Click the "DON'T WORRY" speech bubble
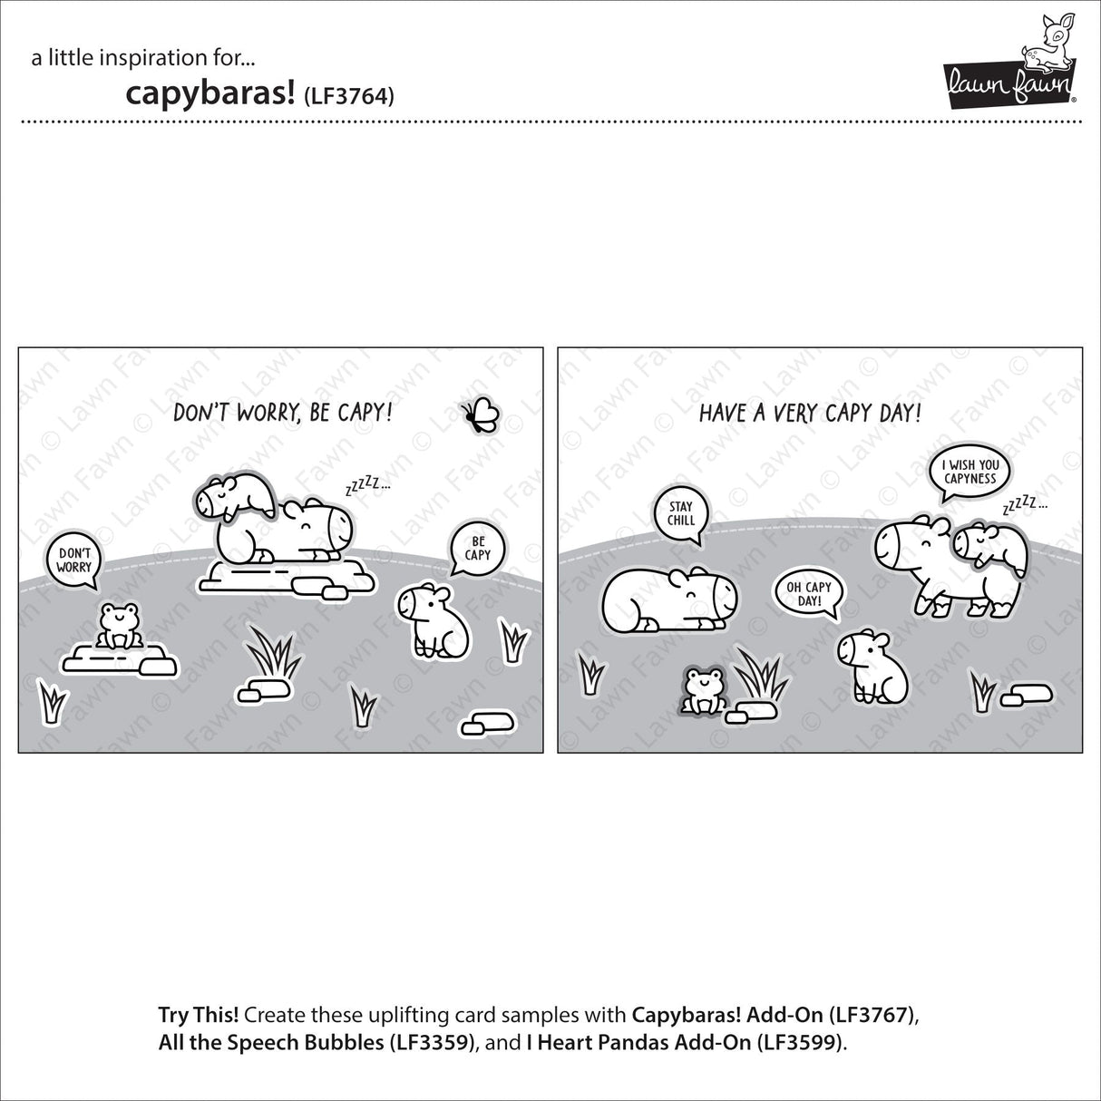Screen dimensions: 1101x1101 point(75,559)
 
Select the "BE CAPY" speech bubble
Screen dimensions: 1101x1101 point(478,549)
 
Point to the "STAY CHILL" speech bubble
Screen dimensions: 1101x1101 point(681,513)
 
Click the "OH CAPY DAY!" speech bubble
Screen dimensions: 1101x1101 point(803,594)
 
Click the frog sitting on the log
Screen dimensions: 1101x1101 point(117,626)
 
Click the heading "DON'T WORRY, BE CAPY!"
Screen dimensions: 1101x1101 point(284,414)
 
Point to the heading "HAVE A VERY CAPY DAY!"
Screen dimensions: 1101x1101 point(810,414)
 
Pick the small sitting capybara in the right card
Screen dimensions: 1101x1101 point(872,664)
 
